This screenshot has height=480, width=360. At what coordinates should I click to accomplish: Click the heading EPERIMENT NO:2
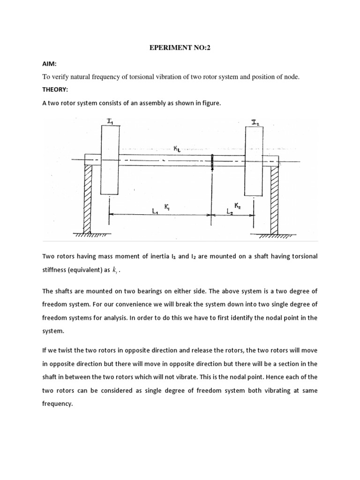click(180, 48)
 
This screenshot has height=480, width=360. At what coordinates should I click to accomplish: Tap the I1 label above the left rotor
click(110, 122)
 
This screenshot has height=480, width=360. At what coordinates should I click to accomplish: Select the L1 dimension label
click(156, 211)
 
